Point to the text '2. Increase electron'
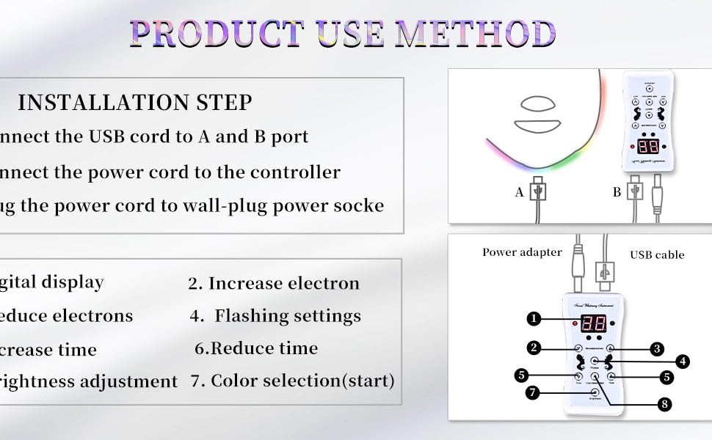(x=274, y=284)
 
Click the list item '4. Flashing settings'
(x=275, y=316)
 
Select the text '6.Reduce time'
(x=256, y=348)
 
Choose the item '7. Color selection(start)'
(x=292, y=381)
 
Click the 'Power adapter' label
(x=522, y=252)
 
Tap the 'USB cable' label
(x=657, y=255)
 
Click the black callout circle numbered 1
(x=534, y=318)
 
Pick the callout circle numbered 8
(x=664, y=403)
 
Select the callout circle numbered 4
(x=683, y=361)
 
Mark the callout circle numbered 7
(x=534, y=393)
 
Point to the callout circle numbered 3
(x=658, y=348)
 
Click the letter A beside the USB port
(x=519, y=193)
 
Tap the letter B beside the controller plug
(x=616, y=193)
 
